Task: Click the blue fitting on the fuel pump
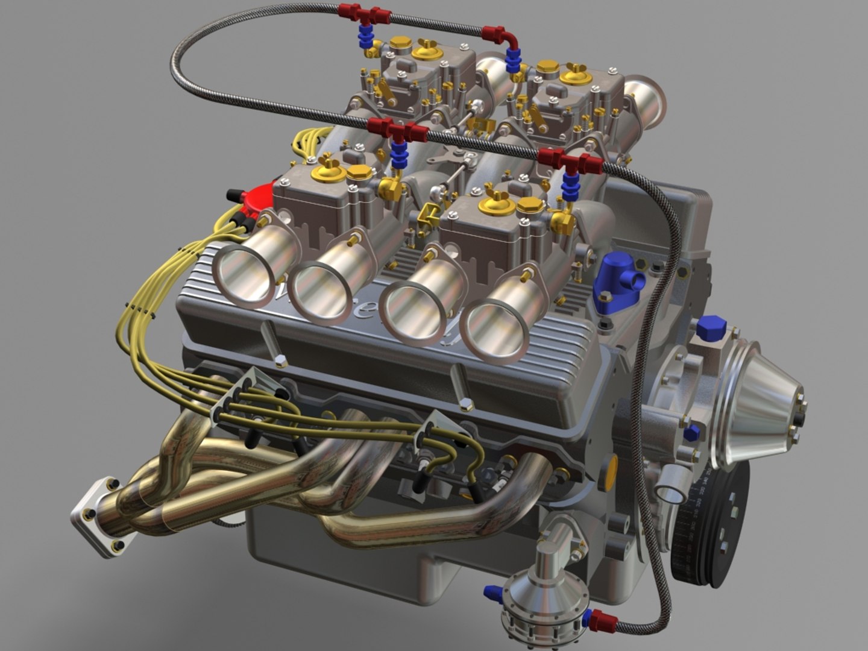(x=494, y=594)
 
